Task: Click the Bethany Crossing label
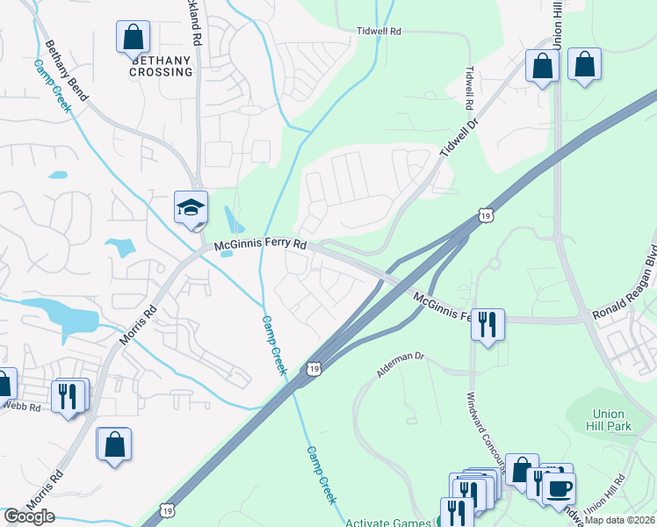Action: pyautogui.click(x=162, y=66)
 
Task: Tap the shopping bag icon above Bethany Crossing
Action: pyautogui.click(x=134, y=38)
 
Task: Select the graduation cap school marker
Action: pyautogui.click(x=191, y=208)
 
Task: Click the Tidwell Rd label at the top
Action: pyautogui.click(x=379, y=31)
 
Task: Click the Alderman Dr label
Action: pyautogui.click(x=401, y=365)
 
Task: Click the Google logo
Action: pyautogui.click(x=29, y=516)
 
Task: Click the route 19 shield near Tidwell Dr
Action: pyautogui.click(x=486, y=214)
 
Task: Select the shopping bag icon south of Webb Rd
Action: pyautogui.click(x=114, y=444)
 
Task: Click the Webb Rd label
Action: pyautogui.click(x=21, y=407)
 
